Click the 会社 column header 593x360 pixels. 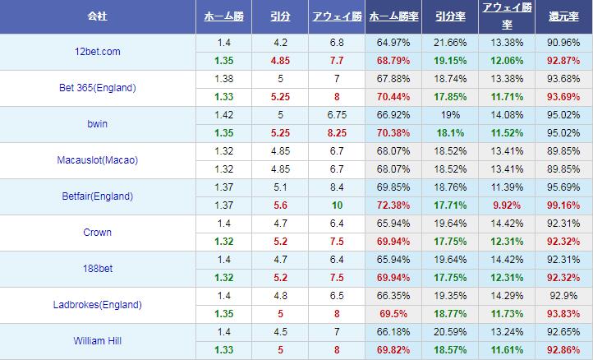(98, 16)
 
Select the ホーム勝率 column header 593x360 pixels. (393, 16)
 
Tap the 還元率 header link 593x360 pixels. (563, 16)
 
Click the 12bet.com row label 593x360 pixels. (98, 52)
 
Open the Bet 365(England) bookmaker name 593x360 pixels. (98, 88)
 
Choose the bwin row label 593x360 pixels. (98, 124)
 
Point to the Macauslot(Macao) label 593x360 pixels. (98, 160)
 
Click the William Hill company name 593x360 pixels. (98, 341)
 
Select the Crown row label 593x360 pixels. (98, 233)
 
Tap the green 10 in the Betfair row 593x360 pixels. (337, 205)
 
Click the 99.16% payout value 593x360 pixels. (563, 205)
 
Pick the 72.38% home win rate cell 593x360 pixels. (393, 205)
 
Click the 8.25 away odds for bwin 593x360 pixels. (337, 132)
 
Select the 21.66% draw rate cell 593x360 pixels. (449, 42)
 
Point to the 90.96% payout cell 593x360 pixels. (563, 42)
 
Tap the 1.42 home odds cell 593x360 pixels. (223, 114)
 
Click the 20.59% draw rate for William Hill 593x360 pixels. (449, 331)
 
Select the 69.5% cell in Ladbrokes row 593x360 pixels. (393, 313)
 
